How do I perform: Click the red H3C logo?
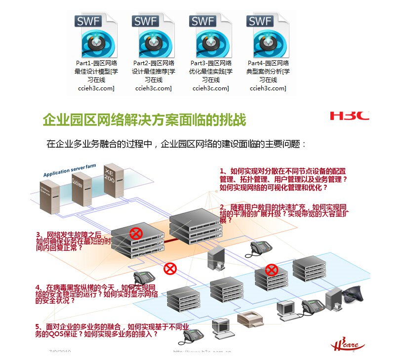tap(349, 116)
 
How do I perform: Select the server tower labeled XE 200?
tap(113, 180)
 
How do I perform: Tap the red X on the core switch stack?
tap(135, 233)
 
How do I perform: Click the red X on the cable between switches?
tap(170, 269)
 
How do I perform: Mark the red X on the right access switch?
tap(271, 270)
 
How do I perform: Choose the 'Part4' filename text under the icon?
tap(268, 63)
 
